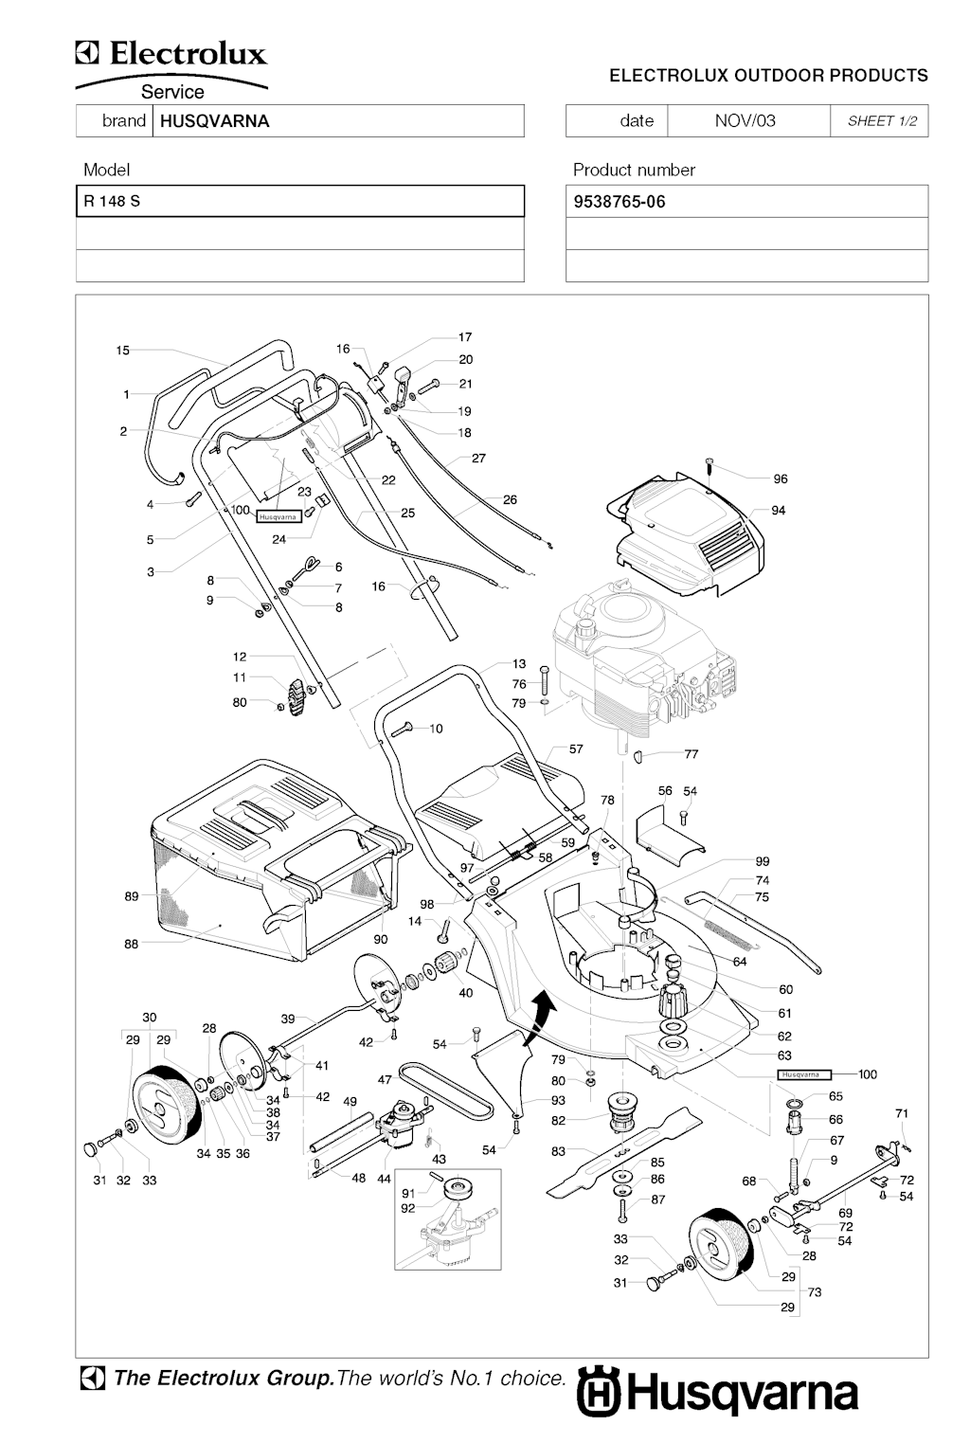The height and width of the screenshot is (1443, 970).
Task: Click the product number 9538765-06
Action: [x=620, y=202]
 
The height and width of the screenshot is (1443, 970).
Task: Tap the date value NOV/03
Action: [x=745, y=120]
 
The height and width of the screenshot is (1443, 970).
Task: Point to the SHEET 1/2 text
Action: [x=881, y=121]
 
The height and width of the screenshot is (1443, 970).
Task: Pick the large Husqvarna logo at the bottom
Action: [x=717, y=1394]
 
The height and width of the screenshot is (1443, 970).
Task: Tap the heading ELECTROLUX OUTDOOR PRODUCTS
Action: [x=768, y=76]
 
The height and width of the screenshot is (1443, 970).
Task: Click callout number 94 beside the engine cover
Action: [x=779, y=511]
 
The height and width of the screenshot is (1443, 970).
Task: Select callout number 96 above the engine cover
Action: [x=781, y=479]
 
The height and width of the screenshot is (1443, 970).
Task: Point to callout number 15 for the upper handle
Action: [x=123, y=351]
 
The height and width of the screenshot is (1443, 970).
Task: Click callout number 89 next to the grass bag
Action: [x=132, y=896]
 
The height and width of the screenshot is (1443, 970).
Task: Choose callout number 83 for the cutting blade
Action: [x=558, y=1151]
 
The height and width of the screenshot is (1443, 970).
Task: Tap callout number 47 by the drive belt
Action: [x=385, y=1079]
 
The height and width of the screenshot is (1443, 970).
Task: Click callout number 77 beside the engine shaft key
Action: [x=692, y=754]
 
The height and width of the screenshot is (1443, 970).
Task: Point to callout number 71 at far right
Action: [x=902, y=1113]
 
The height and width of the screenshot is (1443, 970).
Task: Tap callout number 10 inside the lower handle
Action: [x=436, y=729]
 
